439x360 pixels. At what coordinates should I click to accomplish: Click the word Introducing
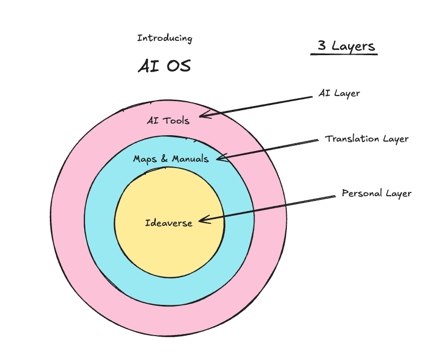pyautogui.click(x=164, y=38)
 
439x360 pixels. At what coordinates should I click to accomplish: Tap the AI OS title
pyautogui.click(x=164, y=66)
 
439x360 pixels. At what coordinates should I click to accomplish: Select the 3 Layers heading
pyautogui.click(x=346, y=46)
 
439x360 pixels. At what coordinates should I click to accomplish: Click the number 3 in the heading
pyautogui.click(x=322, y=46)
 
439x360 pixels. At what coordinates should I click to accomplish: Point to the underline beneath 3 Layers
pyautogui.click(x=344, y=54)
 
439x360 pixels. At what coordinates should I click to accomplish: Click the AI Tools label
pyautogui.click(x=168, y=120)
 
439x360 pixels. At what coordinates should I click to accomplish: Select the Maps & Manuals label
pyautogui.click(x=171, y=159)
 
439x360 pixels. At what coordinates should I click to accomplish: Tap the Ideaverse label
pyautogui.click(x=169, y=223)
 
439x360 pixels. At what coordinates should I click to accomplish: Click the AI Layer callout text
pyautogui.click(x=339, y=93)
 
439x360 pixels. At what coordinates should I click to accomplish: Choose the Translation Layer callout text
pyautogui.click(x=367, y=139)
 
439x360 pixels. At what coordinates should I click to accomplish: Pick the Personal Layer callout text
pyautogui.click(x=376, y=193)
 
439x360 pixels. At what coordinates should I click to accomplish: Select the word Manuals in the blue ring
pyautogui.click(x=190, y=159)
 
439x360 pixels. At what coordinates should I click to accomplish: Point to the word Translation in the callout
pyautogui.click(x=352, y=139)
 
